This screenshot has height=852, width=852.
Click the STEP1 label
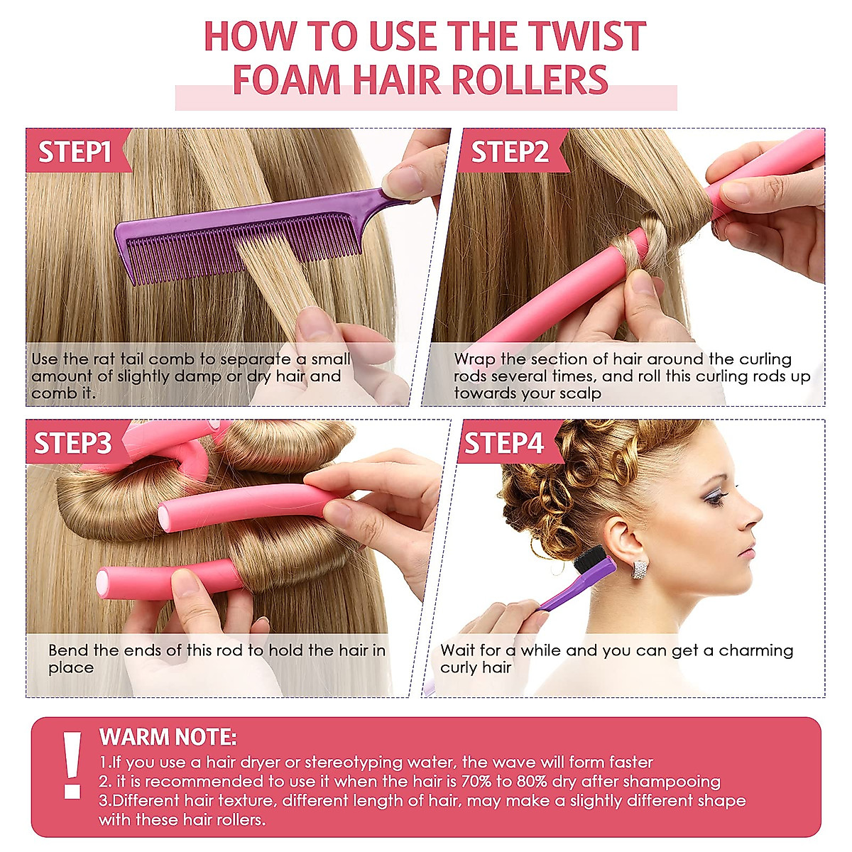[75, 151]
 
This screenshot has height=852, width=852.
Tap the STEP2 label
[510, 151]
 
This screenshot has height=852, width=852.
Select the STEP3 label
[73, 443]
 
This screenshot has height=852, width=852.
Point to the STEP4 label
[503, 443]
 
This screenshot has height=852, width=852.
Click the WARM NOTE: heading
[168, 736]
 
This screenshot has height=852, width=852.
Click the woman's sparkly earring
[640, 569]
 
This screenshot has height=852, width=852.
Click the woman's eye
[712, 496]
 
